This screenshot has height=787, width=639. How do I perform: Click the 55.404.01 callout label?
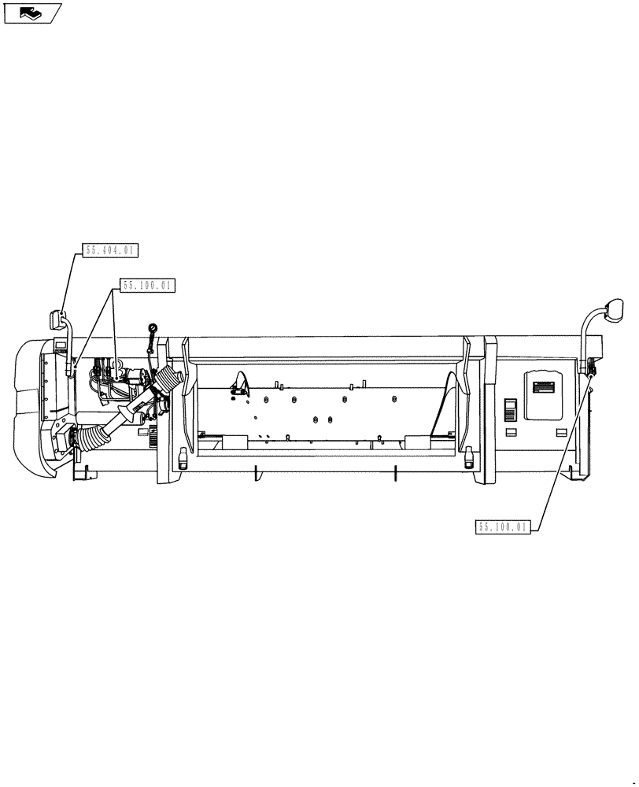pos(110,251)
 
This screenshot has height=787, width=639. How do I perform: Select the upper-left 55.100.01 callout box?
pos(147,286)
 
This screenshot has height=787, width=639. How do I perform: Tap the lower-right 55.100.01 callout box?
pos(504,527)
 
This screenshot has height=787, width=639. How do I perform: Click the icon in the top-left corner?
pos(32,13)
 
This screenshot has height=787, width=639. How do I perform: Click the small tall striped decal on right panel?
pos(510,409)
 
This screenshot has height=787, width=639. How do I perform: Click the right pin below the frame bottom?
pos(396,474)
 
